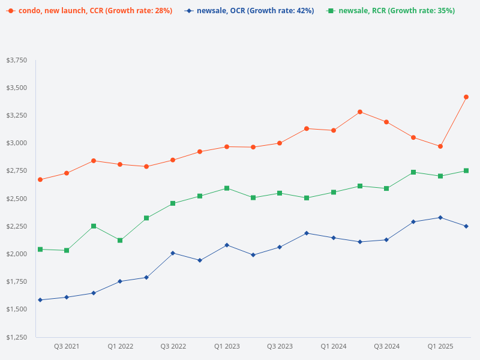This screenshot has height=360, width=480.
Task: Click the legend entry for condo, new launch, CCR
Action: [89, 11]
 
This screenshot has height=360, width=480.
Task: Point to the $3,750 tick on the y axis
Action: [17, 60]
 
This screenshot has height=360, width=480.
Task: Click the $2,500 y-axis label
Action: [17, 199]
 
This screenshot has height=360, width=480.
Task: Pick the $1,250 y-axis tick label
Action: [17, 337]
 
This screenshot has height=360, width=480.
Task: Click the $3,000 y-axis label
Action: [17, 143]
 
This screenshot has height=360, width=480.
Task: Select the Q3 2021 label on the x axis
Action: [67, 346]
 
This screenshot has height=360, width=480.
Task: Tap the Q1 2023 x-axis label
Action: [227, 346]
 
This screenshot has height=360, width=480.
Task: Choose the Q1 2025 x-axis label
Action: [440, 346]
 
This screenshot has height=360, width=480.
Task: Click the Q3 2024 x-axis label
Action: [387, 346]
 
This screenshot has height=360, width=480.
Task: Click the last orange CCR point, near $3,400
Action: [466, 97]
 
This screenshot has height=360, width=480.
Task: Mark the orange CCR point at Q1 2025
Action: [440, 146]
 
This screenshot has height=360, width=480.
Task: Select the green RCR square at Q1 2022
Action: [120, 241]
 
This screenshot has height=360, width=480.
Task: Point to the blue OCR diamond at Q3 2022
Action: [173, 253]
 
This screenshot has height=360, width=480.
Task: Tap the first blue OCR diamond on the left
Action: [40, 300]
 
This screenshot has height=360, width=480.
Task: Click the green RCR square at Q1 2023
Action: [227, 188]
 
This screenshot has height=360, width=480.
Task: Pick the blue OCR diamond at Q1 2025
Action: [440, 217]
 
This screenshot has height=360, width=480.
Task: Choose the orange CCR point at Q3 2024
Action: [386, 122]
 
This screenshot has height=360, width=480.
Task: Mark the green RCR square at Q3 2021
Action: [67, 250]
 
